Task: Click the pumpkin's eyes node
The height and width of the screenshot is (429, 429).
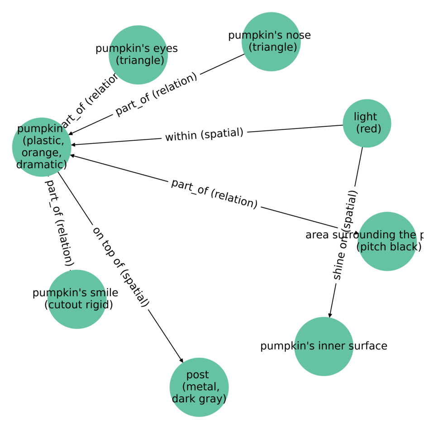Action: pos(138,55)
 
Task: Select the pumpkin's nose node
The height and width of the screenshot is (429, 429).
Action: pos(271,42)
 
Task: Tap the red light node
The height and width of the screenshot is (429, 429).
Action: pos(367,123)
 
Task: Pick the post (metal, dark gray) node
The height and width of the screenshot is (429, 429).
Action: pos(199,387)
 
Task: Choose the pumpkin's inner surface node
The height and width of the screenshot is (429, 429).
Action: pos(324,346)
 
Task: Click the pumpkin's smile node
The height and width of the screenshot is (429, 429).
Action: pos(77,299)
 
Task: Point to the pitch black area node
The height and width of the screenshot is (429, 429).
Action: pos(387,241)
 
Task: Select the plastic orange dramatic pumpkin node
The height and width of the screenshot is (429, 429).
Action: pos(42,147)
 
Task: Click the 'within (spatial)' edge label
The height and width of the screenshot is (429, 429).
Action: pos(204,134)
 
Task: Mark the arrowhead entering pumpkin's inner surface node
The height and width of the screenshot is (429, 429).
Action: pos(330,315)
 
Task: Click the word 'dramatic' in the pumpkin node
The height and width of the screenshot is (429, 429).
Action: pos(42,164)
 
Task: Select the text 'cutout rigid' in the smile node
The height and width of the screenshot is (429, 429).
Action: pos(79,305)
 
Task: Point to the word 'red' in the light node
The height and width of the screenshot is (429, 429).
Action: pos(368,129)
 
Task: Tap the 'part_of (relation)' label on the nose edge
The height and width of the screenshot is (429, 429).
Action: pos(156,94)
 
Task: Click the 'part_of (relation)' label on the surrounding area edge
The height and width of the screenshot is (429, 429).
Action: pos(214,194)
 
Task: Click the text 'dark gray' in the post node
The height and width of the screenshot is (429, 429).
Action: pos(199,399)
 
